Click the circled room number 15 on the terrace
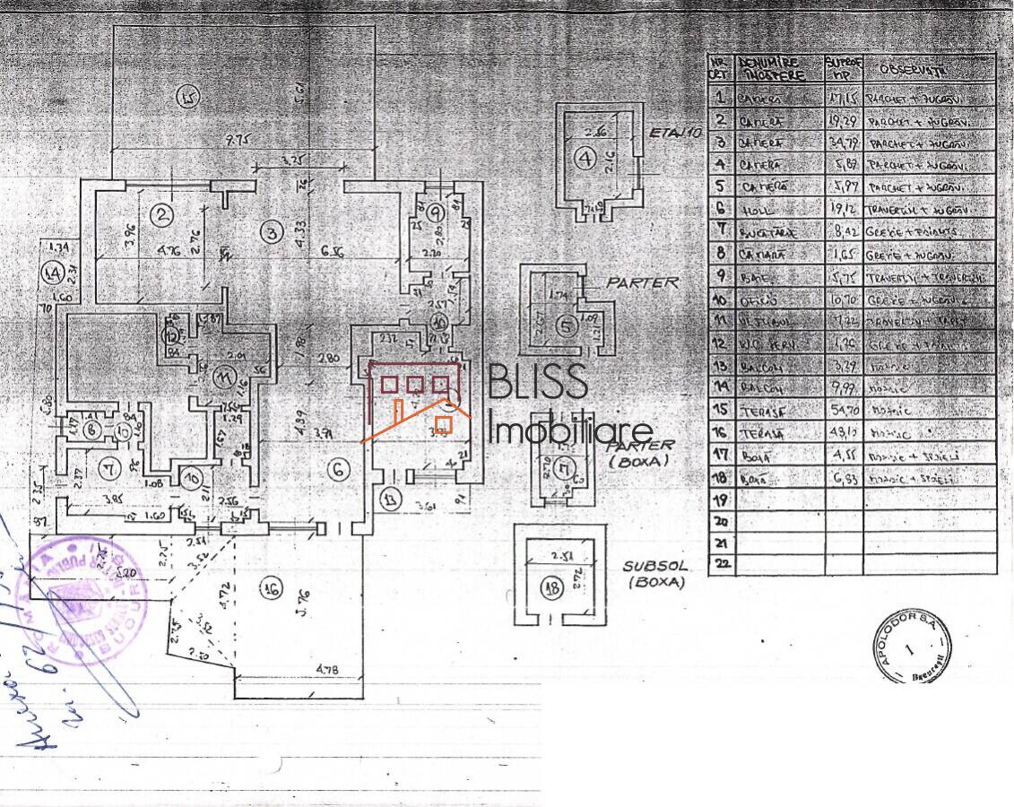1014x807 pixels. (x=186, y=96)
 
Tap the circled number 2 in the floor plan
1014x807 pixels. (x=161, y=215)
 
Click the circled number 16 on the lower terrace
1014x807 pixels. (x=270, y=589)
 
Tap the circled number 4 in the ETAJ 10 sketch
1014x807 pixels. (x=585, y=160)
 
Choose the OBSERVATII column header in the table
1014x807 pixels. (x=914, y=69)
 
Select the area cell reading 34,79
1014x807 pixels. (x=844, y=142)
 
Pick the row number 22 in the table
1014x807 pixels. (x=720, y=565)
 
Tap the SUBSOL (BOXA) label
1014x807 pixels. (x=654, y=574)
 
